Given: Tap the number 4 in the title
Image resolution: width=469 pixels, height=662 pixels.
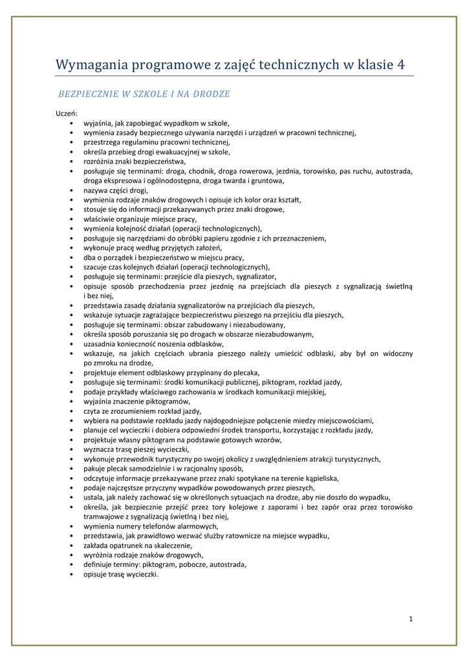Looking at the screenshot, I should tap(401, 65).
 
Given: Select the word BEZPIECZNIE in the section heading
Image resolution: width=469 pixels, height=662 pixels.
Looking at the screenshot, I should tap(85, 94).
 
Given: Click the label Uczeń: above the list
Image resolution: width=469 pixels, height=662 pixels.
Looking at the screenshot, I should tap(66, 113).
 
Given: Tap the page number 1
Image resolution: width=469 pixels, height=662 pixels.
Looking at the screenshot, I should tap(411, 619).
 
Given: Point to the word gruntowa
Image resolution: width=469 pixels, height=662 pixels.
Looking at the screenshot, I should tap(266, 181).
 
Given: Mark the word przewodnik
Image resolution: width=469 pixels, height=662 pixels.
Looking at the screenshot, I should tap(132, 460).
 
